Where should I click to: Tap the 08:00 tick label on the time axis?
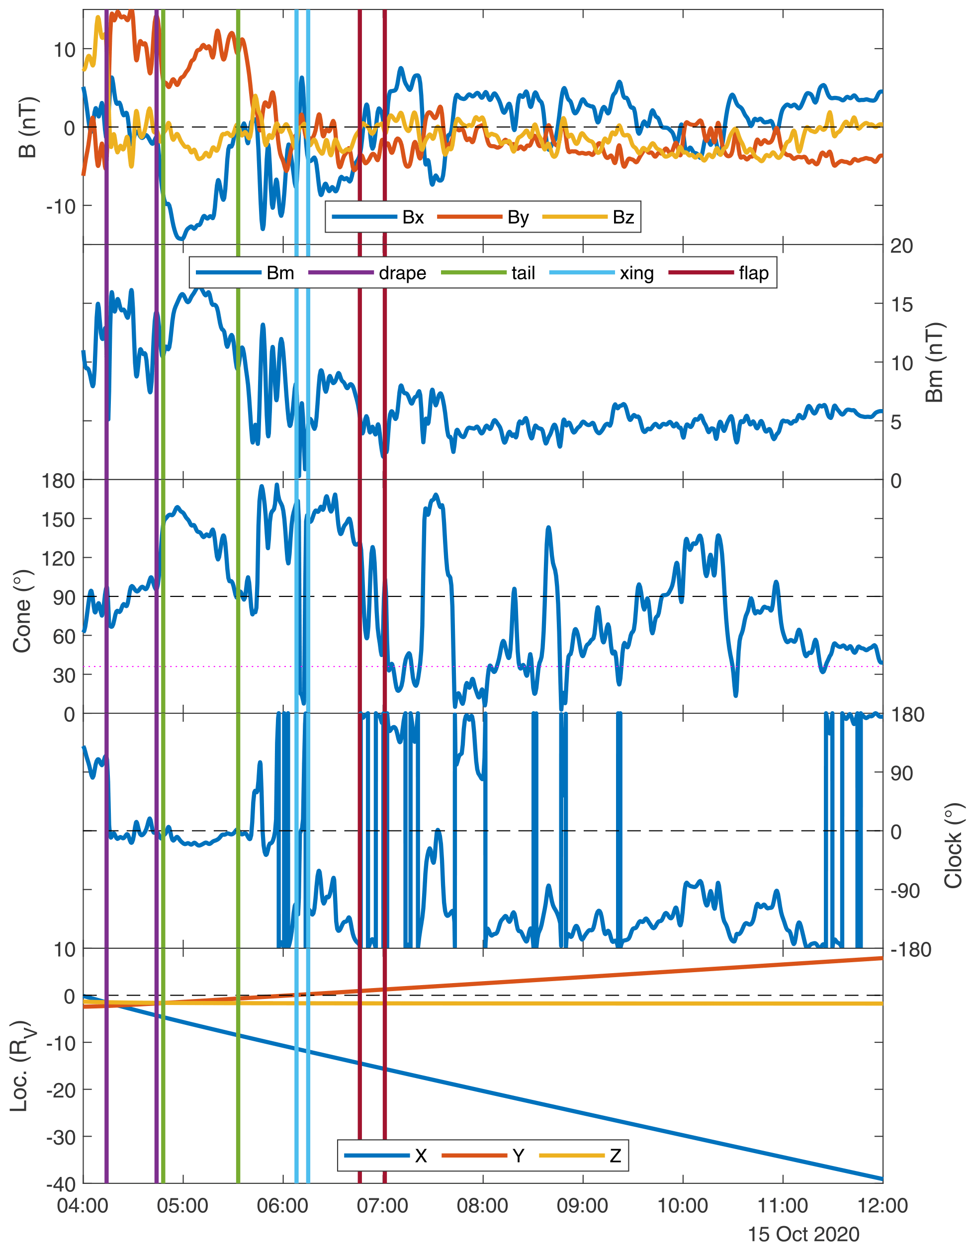[x=482, y=1206]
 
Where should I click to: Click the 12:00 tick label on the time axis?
[x=882, y=1206]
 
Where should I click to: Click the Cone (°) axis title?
[x=22, y=611]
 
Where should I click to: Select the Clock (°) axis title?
[x=953, y=845]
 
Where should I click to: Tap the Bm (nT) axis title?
[x=934, y=363]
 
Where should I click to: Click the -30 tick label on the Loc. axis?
[x=61, y=1137]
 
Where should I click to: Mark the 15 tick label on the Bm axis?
[x=902, y=304]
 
